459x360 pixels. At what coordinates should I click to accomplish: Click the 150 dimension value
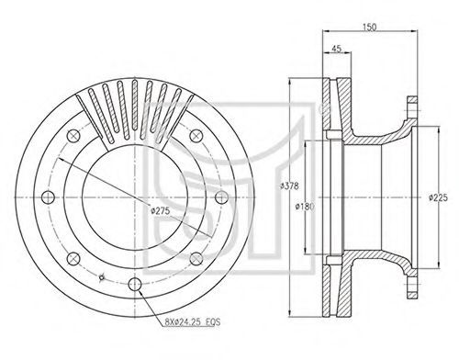pos(369,27)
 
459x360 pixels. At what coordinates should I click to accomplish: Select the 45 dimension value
pos(336,49)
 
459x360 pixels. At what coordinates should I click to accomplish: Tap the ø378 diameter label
pos(289,186)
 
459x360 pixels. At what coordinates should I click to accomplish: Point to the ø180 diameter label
pos(305,207)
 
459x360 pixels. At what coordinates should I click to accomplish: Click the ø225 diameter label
pos(438,197)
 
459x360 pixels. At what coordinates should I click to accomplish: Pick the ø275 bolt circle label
pos(161,210)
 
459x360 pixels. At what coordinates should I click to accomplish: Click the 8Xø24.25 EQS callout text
pos(193,321)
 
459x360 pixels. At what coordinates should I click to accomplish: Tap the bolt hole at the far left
pos(48,197)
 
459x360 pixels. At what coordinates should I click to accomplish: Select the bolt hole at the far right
pos(221,197)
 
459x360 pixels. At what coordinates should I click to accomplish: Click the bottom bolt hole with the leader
pos(135,285)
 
